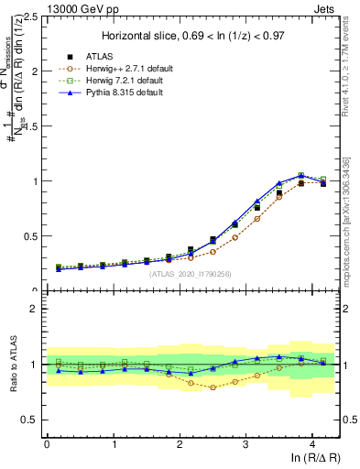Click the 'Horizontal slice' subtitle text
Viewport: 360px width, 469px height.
(191, 36)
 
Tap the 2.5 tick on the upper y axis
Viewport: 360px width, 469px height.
(32, 16)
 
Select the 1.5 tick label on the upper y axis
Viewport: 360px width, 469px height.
(32, 126)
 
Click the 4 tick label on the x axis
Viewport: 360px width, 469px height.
(312, 443)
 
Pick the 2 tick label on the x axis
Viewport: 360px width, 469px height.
(180, 443)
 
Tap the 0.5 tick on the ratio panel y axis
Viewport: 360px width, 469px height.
(32, 420)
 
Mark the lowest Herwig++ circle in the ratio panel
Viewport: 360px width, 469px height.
(213, 387)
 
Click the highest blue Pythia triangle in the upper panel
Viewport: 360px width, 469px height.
(300, 175)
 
